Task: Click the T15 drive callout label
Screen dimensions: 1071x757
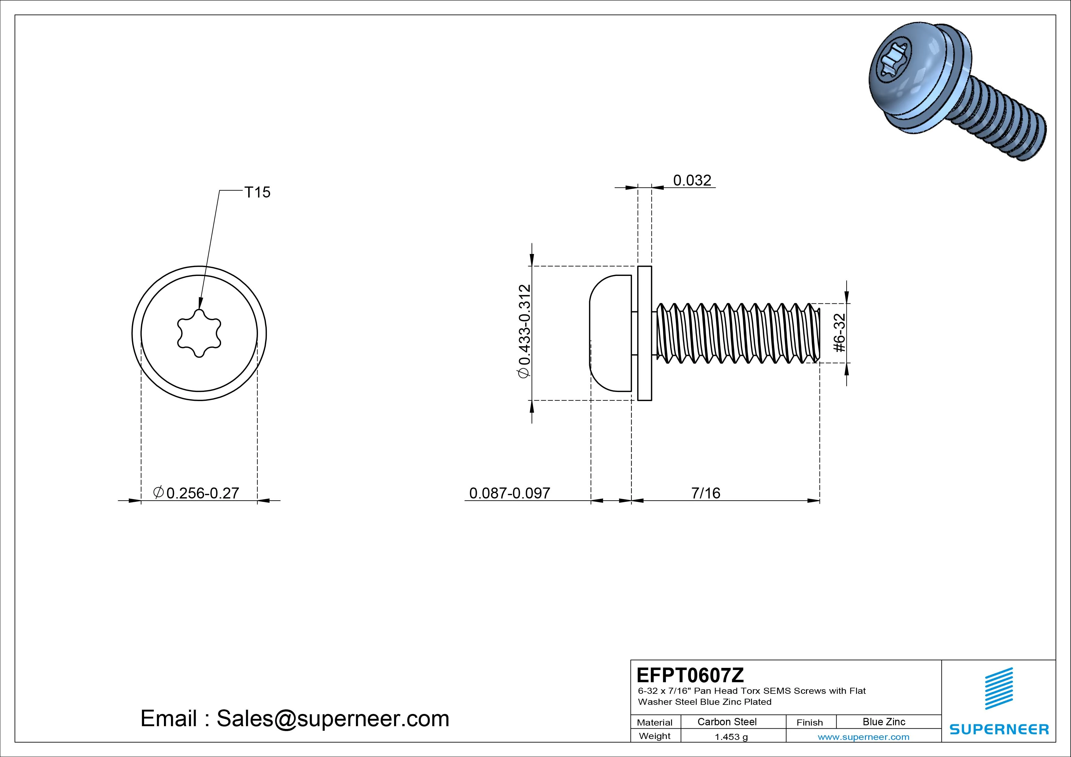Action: coord(257,192)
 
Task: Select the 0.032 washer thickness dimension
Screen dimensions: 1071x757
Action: coord(692,180)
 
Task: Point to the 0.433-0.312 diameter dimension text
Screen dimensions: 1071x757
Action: coord(524,331)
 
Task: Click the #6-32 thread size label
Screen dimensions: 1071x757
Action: coord(839,333)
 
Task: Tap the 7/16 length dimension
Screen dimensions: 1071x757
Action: coord(706,493)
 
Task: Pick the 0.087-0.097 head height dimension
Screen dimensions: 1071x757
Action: coord(509,493)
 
